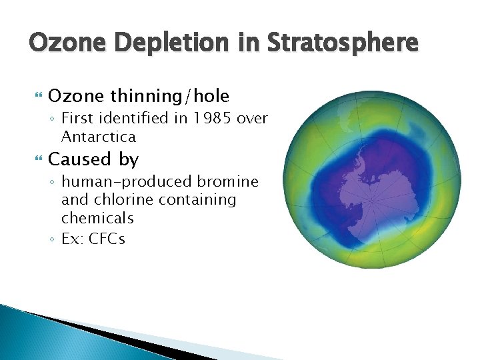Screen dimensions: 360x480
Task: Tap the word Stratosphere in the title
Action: pos(341,43)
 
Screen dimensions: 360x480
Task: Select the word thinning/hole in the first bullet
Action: pos(169,97)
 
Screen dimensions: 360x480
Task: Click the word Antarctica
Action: pos(98,137)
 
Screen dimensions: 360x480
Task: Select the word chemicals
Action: pos(97,219)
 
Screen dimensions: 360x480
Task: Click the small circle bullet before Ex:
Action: pos(52,239)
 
